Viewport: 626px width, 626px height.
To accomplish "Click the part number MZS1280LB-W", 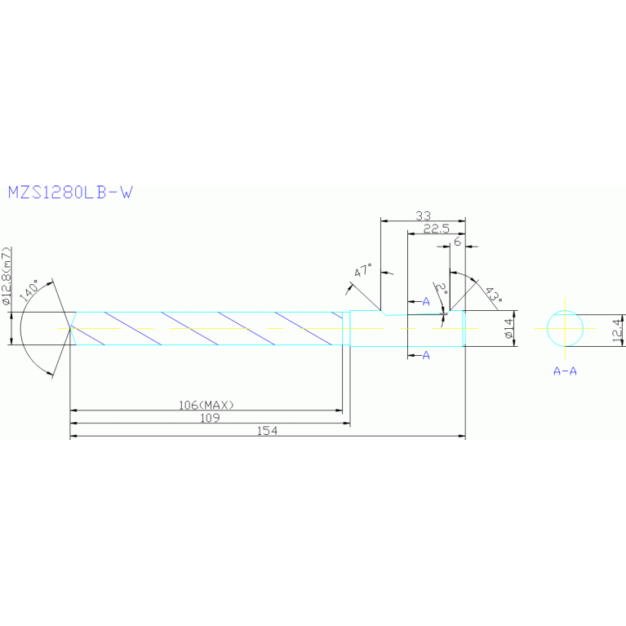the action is point(69,193).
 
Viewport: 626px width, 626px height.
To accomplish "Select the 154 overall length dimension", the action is point(267,431).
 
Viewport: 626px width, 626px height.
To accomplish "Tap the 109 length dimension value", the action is point(210,417).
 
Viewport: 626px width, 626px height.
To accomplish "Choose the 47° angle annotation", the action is point(363,271).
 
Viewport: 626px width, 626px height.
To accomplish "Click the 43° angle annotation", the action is point(491,295).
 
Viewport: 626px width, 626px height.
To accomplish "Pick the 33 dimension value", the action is point(423,215).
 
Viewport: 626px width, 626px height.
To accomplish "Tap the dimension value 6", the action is point(457,242).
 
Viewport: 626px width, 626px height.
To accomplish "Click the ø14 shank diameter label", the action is point(507,329).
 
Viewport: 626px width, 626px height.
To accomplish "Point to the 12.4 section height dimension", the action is point(617,330).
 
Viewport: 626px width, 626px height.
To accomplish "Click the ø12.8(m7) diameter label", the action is point(7,275).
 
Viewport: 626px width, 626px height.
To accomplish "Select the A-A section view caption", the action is point(565,371).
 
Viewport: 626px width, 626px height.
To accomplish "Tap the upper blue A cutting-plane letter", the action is point(426,302).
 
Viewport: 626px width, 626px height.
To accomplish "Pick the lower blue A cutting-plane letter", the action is point(426,355).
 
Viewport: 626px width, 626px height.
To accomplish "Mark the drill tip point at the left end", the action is point(70,328).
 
